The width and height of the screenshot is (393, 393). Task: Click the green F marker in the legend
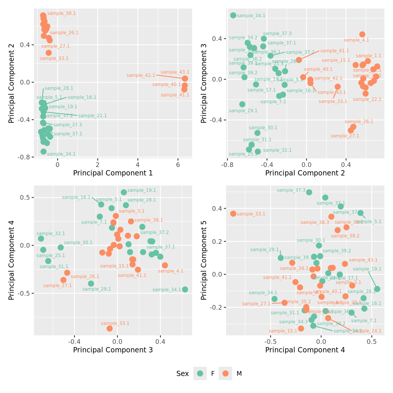[200, 373]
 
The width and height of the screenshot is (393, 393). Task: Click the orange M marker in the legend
[225, 373]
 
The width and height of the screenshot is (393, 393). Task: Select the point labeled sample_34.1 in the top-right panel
[233, 15]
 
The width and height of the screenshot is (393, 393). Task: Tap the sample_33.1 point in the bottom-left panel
[110, 328]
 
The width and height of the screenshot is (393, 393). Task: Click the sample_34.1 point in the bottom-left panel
[185, 289]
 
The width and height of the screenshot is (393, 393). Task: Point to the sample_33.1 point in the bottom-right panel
[233, 214]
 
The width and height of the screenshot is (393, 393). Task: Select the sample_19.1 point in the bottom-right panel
[377, 289]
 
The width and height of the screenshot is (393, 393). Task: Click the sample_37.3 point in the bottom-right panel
[309, 192]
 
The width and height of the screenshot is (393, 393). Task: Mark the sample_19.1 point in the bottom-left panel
[124, 192]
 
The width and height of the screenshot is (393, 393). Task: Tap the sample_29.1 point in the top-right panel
[242, 104]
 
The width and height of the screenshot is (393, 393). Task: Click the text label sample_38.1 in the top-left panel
[61, 13]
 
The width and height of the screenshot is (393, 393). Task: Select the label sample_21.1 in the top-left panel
[92, 116]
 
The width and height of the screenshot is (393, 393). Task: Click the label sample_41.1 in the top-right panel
[335, 51]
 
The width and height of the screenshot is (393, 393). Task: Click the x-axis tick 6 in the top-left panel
[178, 165]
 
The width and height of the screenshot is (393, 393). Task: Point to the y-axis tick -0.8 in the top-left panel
[26, 157]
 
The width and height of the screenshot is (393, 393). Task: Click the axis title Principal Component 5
[204, 260]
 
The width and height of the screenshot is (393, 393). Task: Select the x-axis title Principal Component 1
[113, 173]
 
